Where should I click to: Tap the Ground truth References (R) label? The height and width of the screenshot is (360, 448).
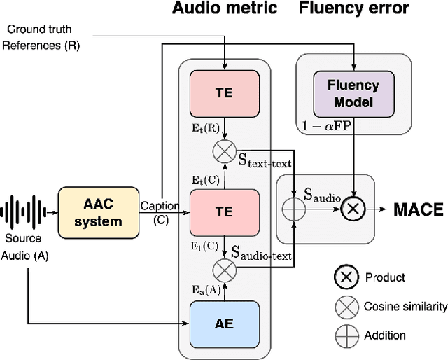(42, 37)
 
